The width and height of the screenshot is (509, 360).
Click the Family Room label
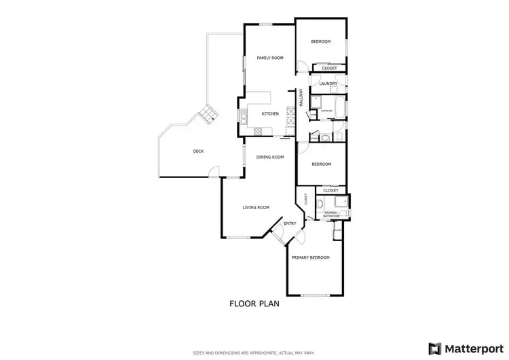tap(269, 58)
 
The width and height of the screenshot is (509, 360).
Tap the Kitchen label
tap(270, 113)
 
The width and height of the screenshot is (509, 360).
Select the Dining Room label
tap(269, 157)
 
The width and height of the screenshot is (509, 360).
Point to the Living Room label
tap(257, 207)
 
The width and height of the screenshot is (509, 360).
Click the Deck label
tap(198, 151)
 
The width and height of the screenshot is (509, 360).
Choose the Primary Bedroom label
tap(310, 257)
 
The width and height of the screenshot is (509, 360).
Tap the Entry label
tap(290, 223)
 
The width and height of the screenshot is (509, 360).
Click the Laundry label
tap(328, 84)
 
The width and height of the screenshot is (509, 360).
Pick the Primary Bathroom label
tap(331, 214)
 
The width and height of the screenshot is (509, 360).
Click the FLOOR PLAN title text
tap(254, 304)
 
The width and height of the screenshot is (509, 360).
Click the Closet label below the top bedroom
tap(329, 68)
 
